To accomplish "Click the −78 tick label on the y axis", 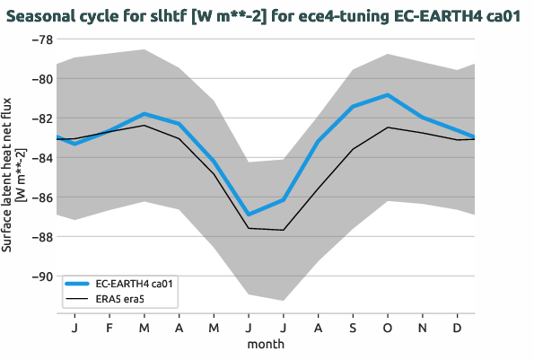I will (40, 40).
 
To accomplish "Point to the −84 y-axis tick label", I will (40, 158).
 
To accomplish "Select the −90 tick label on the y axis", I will (40, 277).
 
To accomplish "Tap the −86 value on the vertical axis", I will (40, 198).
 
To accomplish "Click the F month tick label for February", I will (109, 329).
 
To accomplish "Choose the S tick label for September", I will (353, 329).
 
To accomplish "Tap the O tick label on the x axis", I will (388, 329).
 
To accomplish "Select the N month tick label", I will (423, 329).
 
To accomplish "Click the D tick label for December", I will (458, 329).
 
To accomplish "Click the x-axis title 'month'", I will (266, 344).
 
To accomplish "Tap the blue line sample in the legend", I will (77, 284).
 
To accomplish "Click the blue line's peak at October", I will (388, 94).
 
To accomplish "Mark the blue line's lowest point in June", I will (249, 215).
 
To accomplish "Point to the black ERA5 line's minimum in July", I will (284, 230).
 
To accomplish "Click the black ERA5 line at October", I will (388, 127).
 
